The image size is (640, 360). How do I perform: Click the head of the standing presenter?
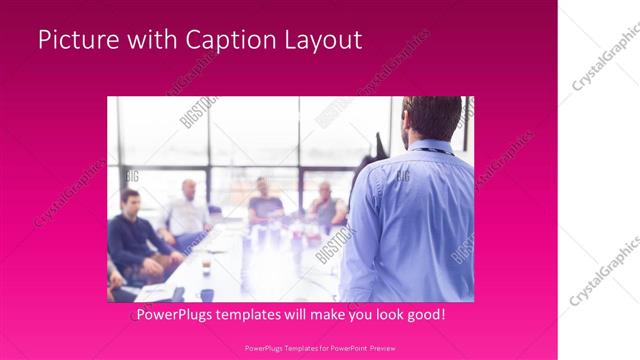[x=431, y=117]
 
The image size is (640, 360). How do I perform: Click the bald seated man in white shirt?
[x=187, y=212]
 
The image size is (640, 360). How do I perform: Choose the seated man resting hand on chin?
[x=324, y=205]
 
